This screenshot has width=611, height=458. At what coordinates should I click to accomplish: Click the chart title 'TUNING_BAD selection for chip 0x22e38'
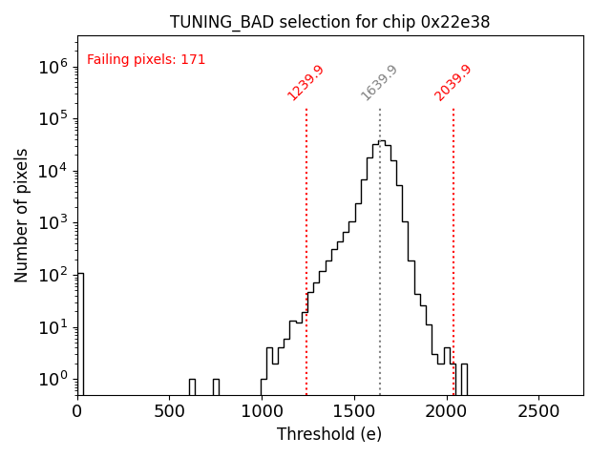coord(329,22)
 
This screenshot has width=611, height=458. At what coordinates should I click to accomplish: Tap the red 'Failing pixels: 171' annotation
coord(146,60)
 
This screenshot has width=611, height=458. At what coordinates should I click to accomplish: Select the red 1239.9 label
coord(306,83)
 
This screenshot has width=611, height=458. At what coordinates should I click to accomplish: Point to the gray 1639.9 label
coord(379,83)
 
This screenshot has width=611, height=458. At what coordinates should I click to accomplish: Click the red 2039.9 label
coord(453,83)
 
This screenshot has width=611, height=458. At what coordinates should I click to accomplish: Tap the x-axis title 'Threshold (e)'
coord(329,434)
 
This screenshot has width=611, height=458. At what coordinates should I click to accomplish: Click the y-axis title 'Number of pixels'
coord(22,215)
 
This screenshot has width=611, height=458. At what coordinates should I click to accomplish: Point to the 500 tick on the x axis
coord(170,411)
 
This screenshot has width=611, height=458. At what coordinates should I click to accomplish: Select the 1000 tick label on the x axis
coord(262,411)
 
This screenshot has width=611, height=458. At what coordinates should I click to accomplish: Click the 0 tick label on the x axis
coord(77,411)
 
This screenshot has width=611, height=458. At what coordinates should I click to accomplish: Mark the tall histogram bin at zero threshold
coord(80,334)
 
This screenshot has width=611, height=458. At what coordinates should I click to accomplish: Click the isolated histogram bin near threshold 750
coord(216,386)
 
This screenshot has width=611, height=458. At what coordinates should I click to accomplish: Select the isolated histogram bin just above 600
coord(192,386)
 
